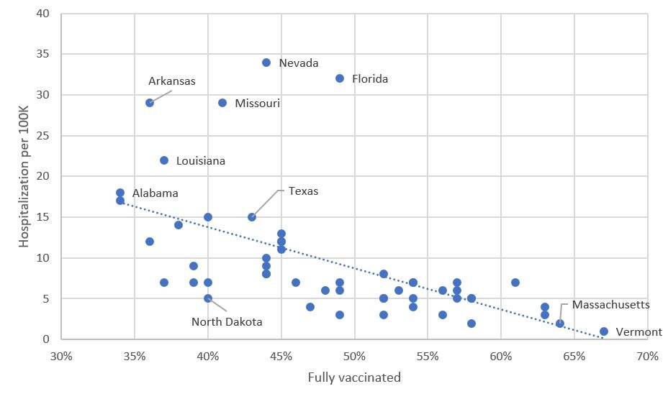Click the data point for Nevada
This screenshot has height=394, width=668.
[266, 63]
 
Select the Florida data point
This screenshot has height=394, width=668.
[340, 78]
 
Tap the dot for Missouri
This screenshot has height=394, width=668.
[222, 103]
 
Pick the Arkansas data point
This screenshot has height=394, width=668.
[150, 103]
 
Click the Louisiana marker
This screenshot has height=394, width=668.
[164, 160]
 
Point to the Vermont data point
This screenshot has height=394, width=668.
[604, 331]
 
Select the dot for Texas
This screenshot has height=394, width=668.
[252, 217]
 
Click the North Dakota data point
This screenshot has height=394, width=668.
[208, 298]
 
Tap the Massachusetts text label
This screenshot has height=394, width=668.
[611, 305]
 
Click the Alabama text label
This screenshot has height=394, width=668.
[155, 193]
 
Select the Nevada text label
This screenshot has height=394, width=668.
[299, 63]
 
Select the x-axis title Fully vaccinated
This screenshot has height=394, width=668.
[354, 377]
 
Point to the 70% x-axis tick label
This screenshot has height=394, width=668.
[647, 356]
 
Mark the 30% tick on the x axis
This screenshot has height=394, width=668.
[61, 356]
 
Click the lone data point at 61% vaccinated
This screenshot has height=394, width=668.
[515, 283]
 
